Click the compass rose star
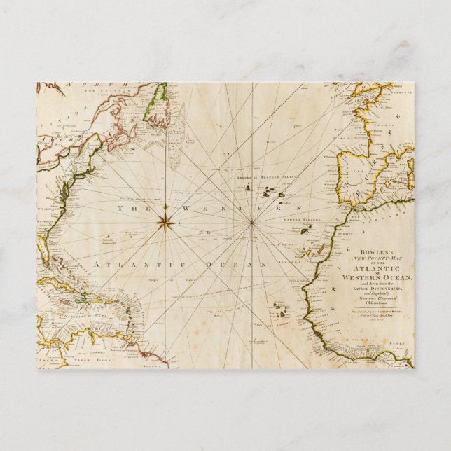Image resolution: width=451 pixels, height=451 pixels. pos(166,222)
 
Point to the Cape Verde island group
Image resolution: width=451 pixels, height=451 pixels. pos(280,307)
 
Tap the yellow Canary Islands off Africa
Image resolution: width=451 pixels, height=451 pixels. pos(317,250)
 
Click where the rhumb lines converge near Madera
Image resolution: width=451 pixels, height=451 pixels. pos(251,223)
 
